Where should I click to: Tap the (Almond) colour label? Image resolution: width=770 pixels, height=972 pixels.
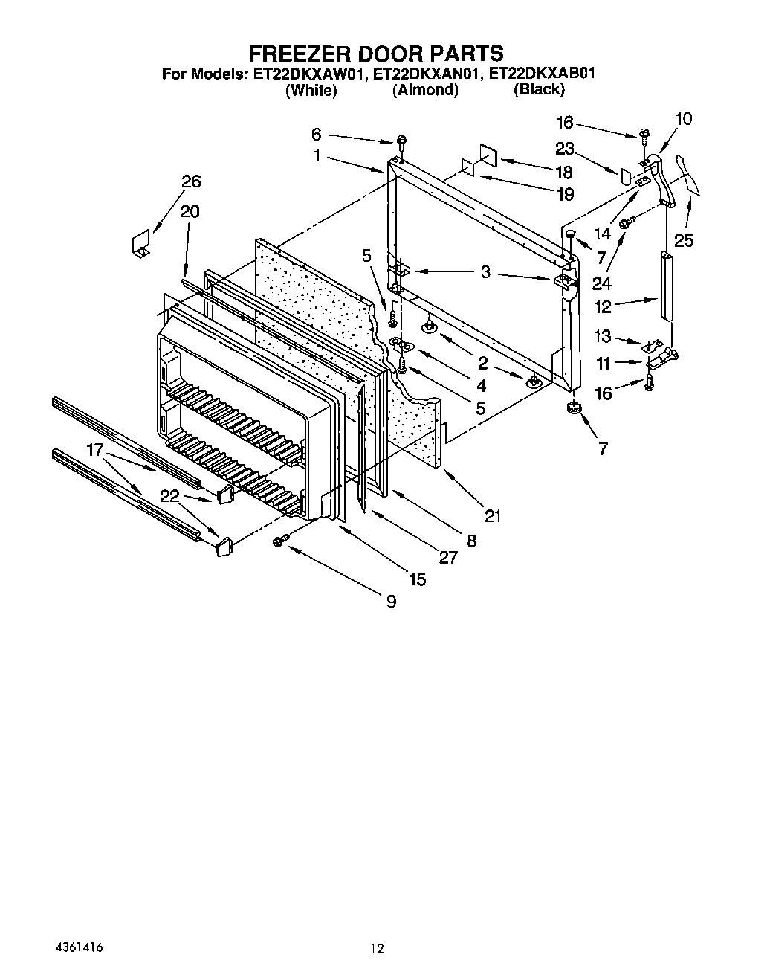tap(425, 90)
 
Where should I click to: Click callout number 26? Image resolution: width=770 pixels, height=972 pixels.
tap(191, 182)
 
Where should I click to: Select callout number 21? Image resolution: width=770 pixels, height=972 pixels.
tap(492, 515)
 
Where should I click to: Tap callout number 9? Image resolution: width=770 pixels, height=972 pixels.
tap(391, 602)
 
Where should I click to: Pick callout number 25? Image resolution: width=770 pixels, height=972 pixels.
tap(683, 239)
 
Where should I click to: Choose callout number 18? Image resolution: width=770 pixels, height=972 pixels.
tap(563, 173)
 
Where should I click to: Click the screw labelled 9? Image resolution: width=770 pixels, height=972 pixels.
tap(280, 541)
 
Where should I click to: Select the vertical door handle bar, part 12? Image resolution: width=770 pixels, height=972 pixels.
tap(665, 286)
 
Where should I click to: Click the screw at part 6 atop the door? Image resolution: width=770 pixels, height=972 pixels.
tap(401, 141)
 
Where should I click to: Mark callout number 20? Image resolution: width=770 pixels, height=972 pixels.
tap(190, 212)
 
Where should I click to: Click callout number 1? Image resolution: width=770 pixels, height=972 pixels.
tap(317, 156)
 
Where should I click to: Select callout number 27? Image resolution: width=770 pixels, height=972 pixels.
tap(448, 557)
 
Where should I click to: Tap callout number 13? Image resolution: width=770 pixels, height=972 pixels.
tap(602, 337)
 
